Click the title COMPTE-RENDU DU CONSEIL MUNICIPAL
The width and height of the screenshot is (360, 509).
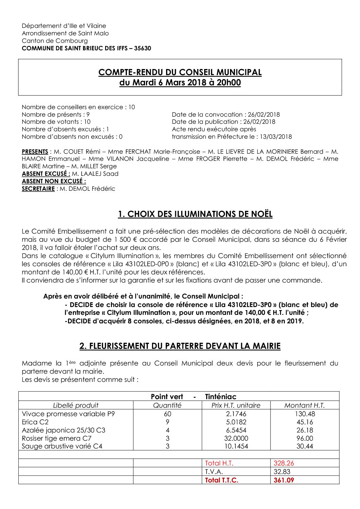pos(180,72)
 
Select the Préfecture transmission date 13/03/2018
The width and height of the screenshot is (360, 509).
pos(276,137)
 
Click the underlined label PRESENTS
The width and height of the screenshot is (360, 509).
pos(35,152)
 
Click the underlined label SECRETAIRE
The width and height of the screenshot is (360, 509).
pos(38,189)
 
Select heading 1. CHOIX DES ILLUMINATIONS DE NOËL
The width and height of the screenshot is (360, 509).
pos(195,214)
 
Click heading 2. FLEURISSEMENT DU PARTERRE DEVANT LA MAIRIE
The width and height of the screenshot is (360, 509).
pos(180,346)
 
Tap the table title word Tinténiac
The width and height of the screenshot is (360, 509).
pos(220,396)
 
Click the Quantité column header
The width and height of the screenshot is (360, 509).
pos(167,405)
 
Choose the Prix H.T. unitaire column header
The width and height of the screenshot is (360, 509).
pos(236,405)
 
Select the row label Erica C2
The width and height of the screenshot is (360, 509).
pos(35,422)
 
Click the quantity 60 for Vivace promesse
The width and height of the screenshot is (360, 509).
pos(167,414)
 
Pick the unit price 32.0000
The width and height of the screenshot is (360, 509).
pos(236,438)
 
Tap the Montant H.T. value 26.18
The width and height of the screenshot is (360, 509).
pos(305,430)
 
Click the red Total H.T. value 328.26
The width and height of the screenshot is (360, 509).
pos(284,463)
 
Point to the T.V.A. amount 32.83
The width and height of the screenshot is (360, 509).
pos(282,472)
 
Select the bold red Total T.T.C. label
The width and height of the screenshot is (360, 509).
pos(222,480)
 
